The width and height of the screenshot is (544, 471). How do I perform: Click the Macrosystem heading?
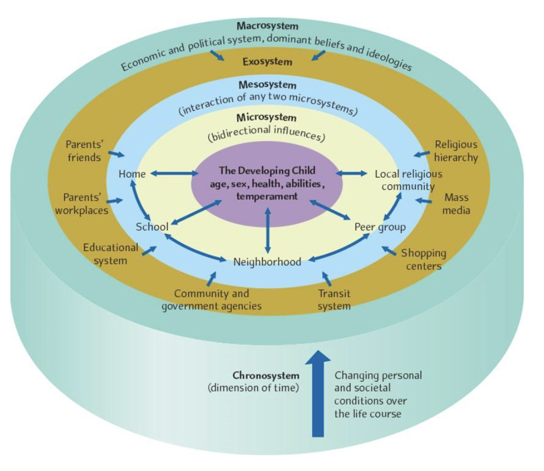click(x=267, y=26)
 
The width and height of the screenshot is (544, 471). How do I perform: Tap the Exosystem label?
click(x=267, y=61)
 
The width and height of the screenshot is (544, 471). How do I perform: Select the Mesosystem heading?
click(x=267, y=85)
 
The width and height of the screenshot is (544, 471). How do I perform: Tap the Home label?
click(x=132, y=174)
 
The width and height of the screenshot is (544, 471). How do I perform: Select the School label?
click(x=152, y=226)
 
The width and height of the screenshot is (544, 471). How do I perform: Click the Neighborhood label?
click(x=267, y=262)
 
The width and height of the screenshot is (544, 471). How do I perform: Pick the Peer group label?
click(x=380, y=227)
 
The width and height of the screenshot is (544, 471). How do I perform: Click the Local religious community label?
click(x=408, y=180)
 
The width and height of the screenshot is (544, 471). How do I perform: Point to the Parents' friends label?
click(x=83, y=151)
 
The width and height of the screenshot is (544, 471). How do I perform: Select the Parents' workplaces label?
click(x=82, y=203)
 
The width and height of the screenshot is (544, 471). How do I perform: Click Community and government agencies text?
click(x=212, y=300)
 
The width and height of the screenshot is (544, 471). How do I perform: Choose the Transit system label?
click(x=334, y=300)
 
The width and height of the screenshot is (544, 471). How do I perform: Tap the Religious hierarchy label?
click(x=456, y=151)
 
